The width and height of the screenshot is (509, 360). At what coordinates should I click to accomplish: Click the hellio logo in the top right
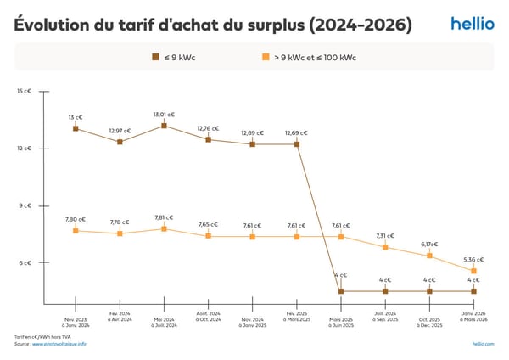point(472,24)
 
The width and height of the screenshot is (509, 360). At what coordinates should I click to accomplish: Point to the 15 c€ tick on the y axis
point(25,91)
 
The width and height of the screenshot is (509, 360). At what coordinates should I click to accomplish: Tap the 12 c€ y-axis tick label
point(25,149)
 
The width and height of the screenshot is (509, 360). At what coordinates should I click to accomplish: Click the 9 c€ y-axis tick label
point(25,205)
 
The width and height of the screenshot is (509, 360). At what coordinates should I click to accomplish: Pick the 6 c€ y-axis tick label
point(25,262)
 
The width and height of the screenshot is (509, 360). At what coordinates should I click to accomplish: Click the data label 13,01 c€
point(164,114)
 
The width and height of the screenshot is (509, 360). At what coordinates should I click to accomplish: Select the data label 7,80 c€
point(76,219)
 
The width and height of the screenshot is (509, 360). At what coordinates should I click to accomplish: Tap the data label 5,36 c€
point(473,260)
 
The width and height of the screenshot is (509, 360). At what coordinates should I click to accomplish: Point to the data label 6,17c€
point(429,244)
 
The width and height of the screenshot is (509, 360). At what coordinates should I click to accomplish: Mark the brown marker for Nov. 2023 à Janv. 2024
point(76,128)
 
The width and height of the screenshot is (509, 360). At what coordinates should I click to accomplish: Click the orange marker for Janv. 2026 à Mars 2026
point(473,271)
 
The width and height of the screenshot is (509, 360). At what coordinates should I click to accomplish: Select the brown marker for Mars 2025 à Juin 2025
point(341,291)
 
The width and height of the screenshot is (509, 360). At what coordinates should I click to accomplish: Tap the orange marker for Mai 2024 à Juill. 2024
point(164,228)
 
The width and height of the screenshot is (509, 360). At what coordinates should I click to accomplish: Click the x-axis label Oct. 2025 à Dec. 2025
point(429,323)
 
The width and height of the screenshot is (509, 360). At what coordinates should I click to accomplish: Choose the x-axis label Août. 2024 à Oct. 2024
point(208,323)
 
